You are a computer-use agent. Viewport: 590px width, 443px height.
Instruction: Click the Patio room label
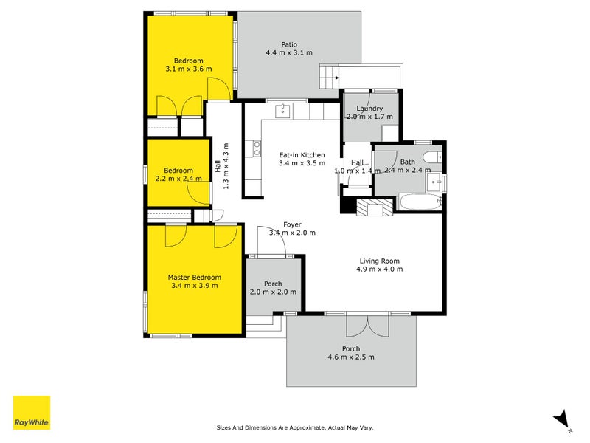pos(289,44)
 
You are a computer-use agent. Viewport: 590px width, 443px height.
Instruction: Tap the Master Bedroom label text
pos(195,277)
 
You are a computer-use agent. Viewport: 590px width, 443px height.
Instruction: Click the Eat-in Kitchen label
pos(302,155)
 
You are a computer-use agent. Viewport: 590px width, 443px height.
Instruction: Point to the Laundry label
pos(369,109)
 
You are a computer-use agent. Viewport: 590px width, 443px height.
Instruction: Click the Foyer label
pos(292,224)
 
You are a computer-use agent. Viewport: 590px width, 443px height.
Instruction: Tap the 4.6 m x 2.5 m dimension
pos(351,357)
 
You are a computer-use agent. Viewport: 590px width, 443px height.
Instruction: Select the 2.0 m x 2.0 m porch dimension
pos(274,292)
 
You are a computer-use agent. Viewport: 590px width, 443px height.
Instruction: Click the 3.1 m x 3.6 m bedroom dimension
pos(189,69)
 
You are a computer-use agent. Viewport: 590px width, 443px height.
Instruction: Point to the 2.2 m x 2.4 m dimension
pos(178,178)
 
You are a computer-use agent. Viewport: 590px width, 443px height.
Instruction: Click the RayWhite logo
pos(32,413)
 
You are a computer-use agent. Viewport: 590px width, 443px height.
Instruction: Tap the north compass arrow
pos(563,418)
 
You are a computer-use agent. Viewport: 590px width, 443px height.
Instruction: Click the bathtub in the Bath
pos(419,202)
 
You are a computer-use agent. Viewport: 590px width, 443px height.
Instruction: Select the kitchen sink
pos(283,112)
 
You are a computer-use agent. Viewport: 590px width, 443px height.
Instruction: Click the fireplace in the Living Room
pos(375,207)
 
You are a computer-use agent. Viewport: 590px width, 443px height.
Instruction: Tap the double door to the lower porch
pos(361,326)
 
